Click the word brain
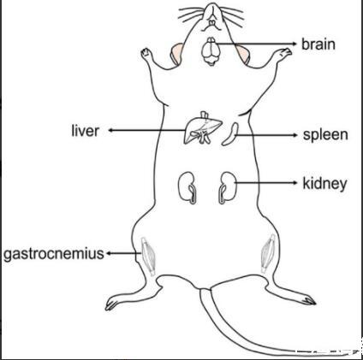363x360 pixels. pos(318,44)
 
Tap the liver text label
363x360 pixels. pos(85,131)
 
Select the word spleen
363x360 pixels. pos(325,135)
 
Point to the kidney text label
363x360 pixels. pos(324,184)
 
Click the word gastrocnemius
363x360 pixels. pos(54,254)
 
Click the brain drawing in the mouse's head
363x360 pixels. pos(211,51)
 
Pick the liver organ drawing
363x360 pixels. pos(203,127)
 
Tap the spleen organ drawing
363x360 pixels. pos(230,134)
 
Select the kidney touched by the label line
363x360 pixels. pos(228,187)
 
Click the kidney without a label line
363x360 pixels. pos(187,187)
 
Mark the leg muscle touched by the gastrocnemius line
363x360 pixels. pos(148,256)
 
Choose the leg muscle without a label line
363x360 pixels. pos(268,253)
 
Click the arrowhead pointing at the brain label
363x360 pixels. pos(295,44)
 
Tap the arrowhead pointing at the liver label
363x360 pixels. pos(111,130)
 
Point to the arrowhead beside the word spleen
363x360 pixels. pos(295,135)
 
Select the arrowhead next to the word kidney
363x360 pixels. pos(295,182)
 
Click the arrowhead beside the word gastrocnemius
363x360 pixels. pos(109,253)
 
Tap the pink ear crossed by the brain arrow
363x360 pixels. pos(242,54)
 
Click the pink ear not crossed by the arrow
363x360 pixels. pos(177,53)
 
